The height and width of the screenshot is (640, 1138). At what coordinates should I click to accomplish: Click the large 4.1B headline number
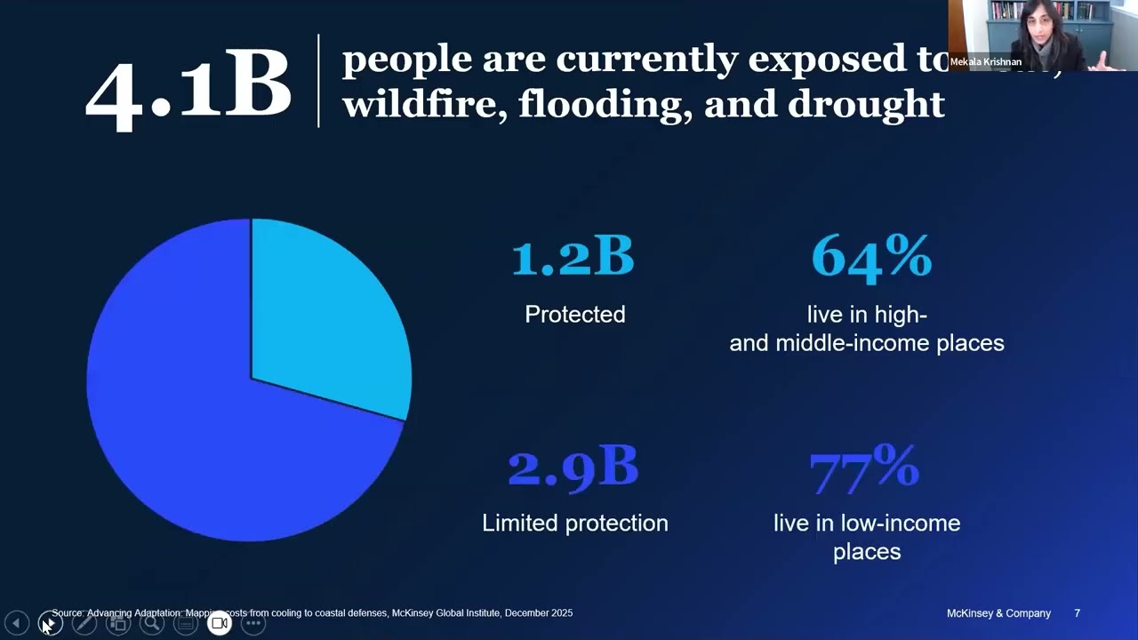click(x=188, y=86)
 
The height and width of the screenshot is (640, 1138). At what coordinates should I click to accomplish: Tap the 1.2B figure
click(x=573, y=257)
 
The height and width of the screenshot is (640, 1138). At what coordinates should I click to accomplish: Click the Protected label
click(x=575, y=315)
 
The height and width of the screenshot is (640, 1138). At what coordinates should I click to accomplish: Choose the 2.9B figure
click(x=573, y=468)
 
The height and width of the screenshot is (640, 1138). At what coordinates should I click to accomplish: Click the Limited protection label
click(x=575, y=523)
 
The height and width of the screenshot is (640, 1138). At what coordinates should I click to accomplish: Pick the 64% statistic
click(x=871, y=257)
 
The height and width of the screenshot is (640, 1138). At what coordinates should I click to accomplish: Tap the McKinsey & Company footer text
click(x=998, y=613)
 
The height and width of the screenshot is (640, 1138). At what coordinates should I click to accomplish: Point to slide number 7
click(x=1077, y=613)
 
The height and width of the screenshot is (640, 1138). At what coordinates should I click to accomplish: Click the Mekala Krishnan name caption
click(x=985, y=62)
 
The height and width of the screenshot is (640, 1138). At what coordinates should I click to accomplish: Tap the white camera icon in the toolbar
click(x=220, y=623)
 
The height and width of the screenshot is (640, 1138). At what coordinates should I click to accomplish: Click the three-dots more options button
click(x=253, y=623)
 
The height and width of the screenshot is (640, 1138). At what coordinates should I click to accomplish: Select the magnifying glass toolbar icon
click(x=152, y=623)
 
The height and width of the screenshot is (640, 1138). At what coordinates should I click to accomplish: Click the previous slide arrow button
click(x=16, y=623)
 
